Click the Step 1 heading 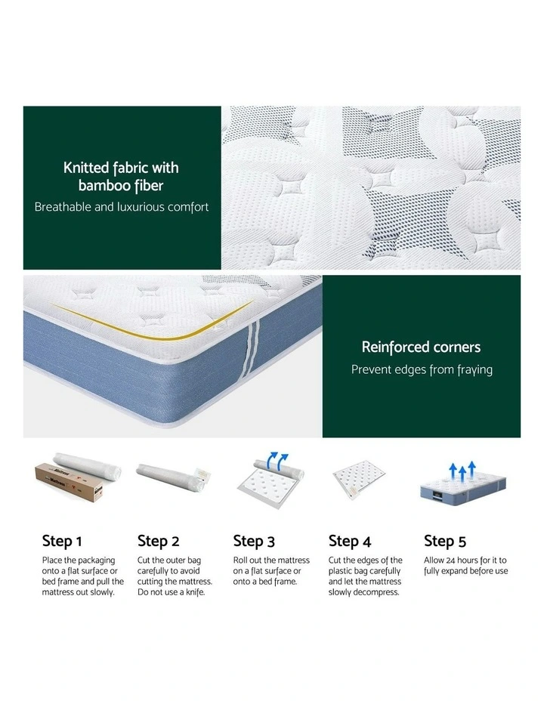point(62,541)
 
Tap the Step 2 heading point(158,541)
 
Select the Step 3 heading point(254,541)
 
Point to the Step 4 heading point(350,541)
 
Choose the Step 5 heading point(445,541)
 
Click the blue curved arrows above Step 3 point(277,462)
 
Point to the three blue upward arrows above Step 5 point(462,471)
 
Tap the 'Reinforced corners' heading point(421,347)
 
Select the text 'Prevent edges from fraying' point(422,369)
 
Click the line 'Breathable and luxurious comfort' point(122,207)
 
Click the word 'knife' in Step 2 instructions point(195,592)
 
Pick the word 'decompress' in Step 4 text point(376,593)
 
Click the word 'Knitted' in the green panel point(86,168)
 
